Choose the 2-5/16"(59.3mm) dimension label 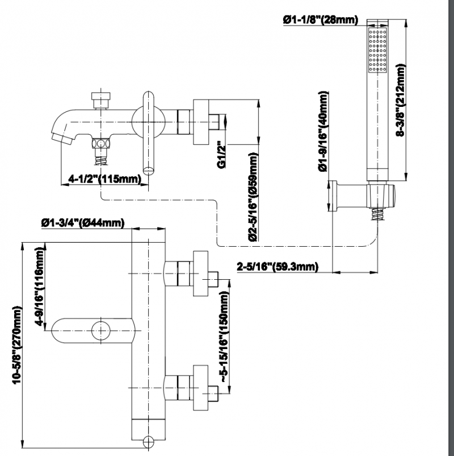[278, 266]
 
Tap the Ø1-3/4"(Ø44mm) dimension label [83, 223]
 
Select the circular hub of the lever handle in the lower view [100, 330]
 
